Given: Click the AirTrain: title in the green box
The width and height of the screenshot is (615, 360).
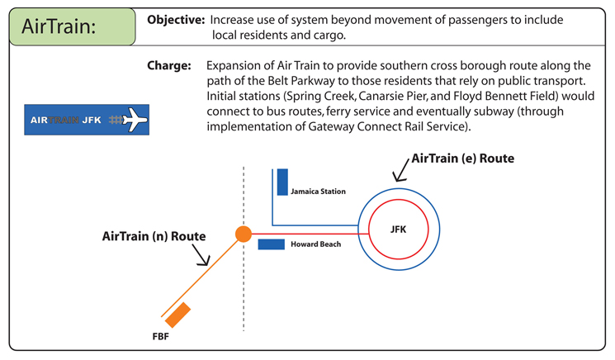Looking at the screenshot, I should pyautogui.click(x=59, y=26).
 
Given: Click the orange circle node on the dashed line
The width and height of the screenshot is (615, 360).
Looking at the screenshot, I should pyautogui.click(x=244, y=234).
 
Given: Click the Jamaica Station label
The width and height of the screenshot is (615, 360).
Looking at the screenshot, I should pyautogui.click(x=318, y=192).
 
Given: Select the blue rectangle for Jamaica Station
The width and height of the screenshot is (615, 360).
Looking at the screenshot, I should pyautogui.click(x=282, y=182).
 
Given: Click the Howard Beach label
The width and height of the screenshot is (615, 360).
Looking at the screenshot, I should pyautogui.click(x=315, y=244).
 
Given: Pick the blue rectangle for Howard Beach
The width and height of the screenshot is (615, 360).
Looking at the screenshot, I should pyautogui.click(x=272, y=244).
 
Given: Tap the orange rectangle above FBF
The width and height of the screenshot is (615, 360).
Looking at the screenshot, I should pyautogui.click(x=178, y=315).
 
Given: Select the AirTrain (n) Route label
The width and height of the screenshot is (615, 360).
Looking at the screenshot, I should pyautogui.click(x=154, y=235).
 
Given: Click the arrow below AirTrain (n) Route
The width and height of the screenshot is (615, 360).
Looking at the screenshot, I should pyautogui.click(x=203, y=256).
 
